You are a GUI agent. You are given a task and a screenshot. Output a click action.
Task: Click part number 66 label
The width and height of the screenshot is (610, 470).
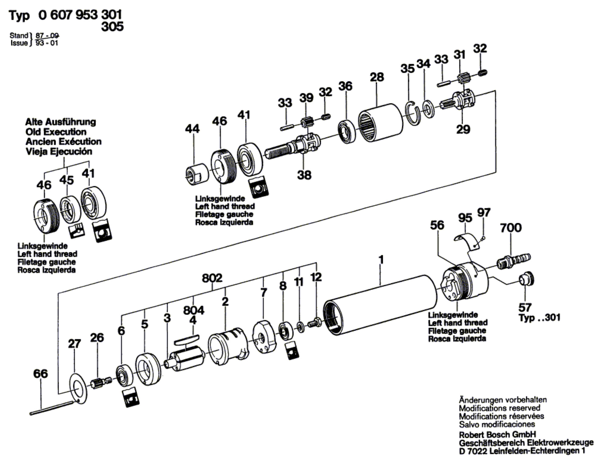click(x=40, y=373)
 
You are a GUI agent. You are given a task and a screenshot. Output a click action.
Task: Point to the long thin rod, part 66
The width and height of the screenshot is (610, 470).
click(x=52, y=408)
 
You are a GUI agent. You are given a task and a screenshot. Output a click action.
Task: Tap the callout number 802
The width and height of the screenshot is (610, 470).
click(x=212, y=278)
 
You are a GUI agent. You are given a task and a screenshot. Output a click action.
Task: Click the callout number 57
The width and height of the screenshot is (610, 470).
click(x=525, y=308)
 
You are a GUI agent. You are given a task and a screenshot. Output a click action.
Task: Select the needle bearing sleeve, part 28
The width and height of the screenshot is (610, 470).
click(x=380, y=122)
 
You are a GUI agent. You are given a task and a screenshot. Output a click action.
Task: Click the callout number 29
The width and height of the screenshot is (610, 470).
click(x=463, y=129)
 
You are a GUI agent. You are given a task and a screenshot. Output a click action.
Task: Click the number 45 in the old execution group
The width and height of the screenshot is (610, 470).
click(x=67, y=180)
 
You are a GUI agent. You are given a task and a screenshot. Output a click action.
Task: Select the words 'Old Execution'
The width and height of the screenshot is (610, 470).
click(x=56, y=132)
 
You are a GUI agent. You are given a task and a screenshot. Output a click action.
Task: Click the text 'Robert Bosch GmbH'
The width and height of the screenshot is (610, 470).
click(x=497, y=434)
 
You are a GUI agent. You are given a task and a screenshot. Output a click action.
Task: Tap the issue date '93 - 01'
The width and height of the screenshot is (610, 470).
click(x=46, y=43)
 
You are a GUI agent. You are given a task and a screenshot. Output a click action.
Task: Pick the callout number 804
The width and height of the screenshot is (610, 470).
click(x=194, y=310)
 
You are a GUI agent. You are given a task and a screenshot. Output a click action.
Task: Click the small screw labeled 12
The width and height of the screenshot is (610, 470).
click(x=315, y=322)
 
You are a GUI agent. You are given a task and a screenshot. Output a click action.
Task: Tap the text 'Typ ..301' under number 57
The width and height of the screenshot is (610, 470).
click(x=539, y=318)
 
